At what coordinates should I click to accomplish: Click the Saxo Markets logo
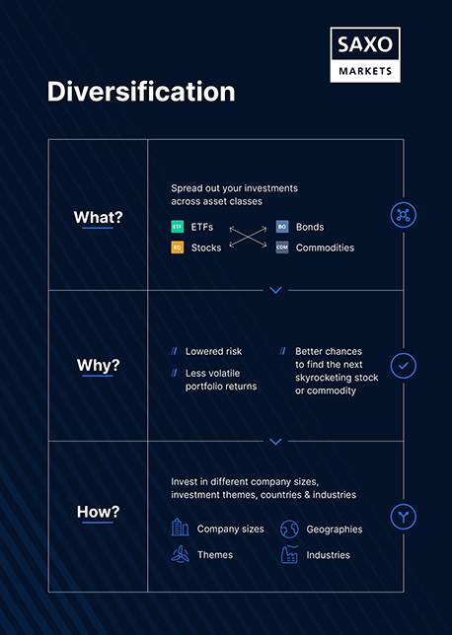pos(364,54)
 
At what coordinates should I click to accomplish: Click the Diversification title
pos(141,92)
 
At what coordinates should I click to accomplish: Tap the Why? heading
pos(99,366)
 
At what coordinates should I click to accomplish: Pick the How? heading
pos(99,512)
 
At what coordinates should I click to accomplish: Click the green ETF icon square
pos(178,227)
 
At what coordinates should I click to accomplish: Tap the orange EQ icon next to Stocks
pos(178,247)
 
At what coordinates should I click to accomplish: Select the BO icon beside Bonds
pos(282,227)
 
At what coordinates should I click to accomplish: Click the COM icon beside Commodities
pos(282,247)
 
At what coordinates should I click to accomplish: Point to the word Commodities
pos(325,247)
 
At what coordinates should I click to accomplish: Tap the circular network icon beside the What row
pos(403,215)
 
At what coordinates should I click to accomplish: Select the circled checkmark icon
pos(403,366)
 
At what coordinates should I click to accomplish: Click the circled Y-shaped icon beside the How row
pos(403,516)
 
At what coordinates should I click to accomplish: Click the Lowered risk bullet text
pos(213,351)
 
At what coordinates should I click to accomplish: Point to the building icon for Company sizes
pos(180,528)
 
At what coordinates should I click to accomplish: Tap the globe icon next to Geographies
pos(289,529)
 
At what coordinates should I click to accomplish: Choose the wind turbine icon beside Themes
pos(180,554)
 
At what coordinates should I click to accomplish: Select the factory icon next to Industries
pos(289,554)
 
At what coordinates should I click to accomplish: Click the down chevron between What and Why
pos(275,290)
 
